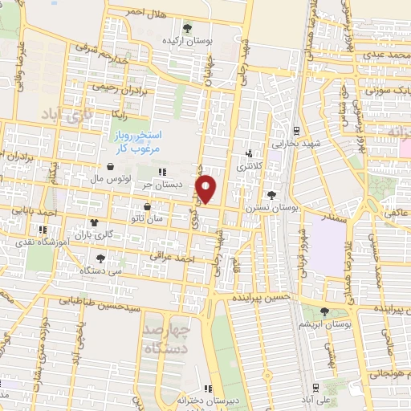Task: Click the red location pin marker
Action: pyautogui.click(x=207, y=189)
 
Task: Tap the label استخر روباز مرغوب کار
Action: pyautogui.click(x=141, y=142)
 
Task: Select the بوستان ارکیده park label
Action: pyautogui.click(x=188, y=39)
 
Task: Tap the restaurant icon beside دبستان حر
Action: pyautogui.click(x=163, y=172)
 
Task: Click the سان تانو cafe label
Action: pyautogui.click(x=146, y=218)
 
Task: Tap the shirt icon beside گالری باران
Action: pyautogui.click(x=95, y=223)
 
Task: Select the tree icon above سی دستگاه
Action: pyautogui.click(x=100, y=258)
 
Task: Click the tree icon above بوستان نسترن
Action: pyautogui.click(x=273, y=195)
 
